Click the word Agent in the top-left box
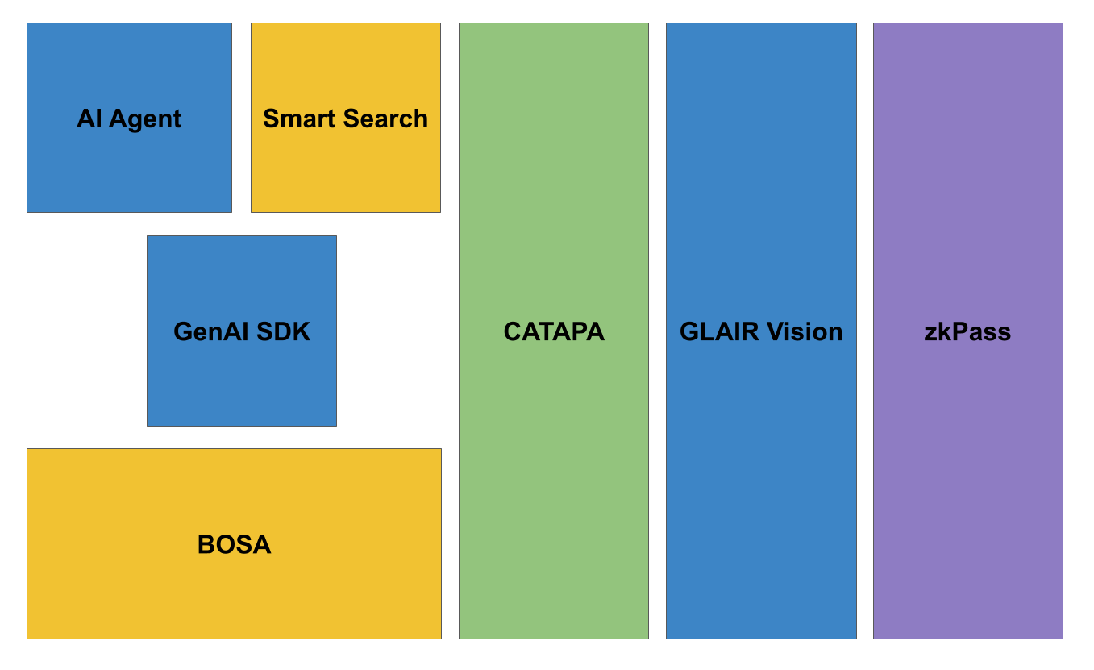[x=145, y=119]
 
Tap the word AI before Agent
[x=89, y=119]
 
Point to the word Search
[x=385, y=119]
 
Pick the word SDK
[x=285, y=331]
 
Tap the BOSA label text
[x=234, y=545]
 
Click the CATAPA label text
[x=554, y=331]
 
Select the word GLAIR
[x=718, y=331]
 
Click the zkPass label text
[x=967, y=331]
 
